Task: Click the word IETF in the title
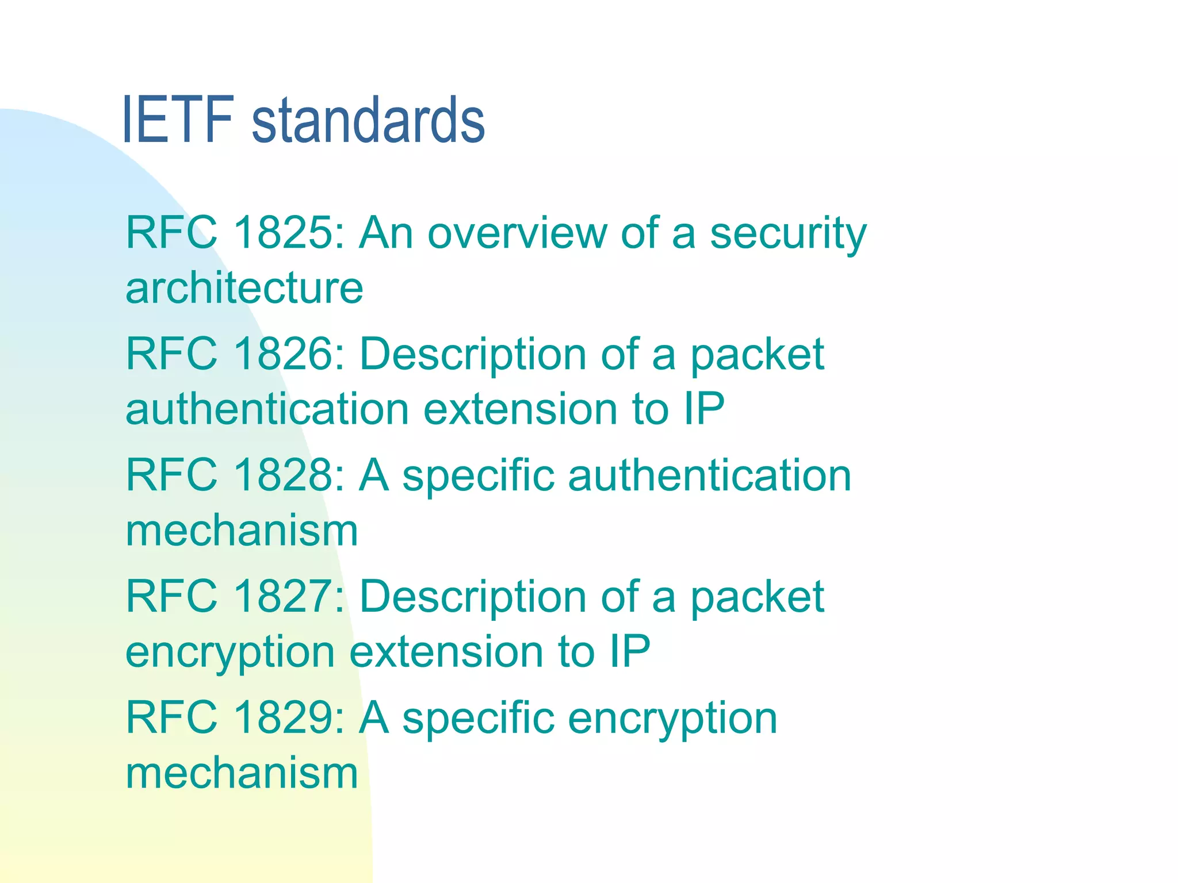(178, 120)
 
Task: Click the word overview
(517, 233)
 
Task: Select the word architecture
(244, 287)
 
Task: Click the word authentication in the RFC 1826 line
(267, 409)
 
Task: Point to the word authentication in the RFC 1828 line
(710, 475)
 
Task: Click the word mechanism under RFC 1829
(242, 773)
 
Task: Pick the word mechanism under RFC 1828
(242, 530)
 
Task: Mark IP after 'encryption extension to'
(630, 651)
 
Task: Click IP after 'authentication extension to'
(704, 409)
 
